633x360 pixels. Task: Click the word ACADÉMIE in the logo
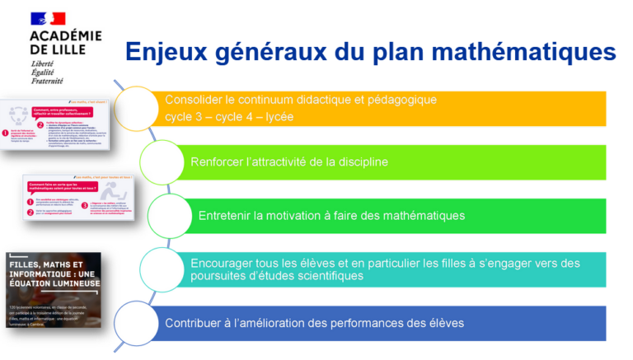[65, 35]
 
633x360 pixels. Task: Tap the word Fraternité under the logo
[47, 81]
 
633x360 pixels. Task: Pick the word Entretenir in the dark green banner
[225, 215]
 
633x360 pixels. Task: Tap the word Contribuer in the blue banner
[195, 323]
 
